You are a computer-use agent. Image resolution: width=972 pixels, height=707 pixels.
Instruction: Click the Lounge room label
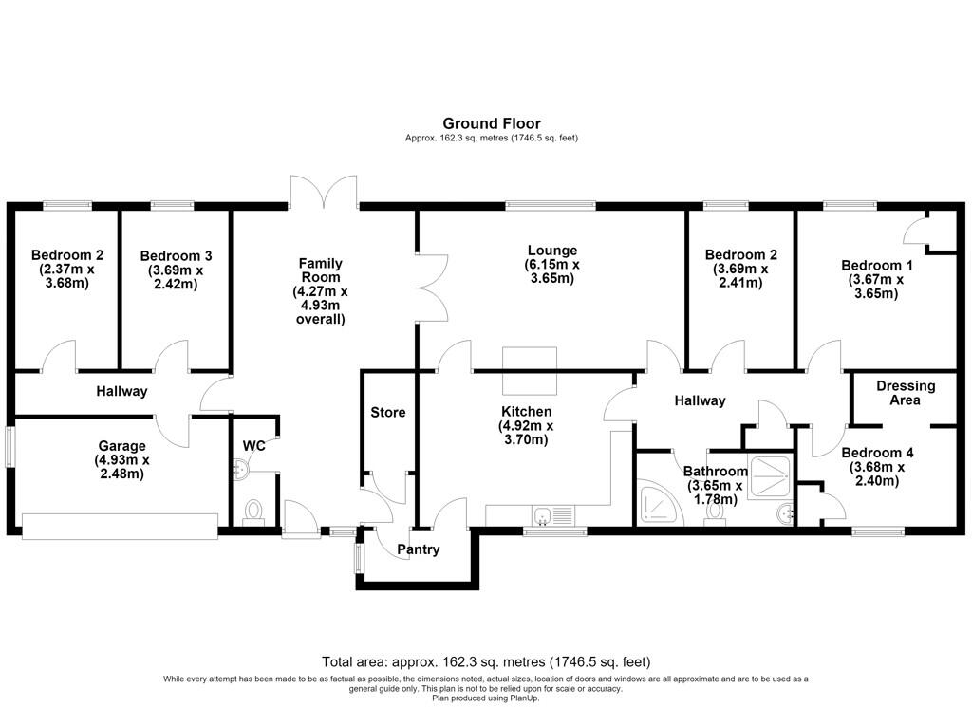[x=552, y=251]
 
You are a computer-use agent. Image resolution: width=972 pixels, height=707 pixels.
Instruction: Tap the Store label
[x=388, y=412]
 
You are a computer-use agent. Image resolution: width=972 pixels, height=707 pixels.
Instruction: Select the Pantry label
[x=419, y=549]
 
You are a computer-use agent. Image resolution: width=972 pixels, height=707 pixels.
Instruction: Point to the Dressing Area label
[x=906, y=393]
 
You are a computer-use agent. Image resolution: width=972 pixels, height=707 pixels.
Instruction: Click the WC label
[x=254, y=445]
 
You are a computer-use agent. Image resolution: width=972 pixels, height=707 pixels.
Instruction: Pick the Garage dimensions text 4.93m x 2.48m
[x=122, y=467]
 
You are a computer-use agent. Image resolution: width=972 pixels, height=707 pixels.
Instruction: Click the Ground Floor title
[x=492, y=123]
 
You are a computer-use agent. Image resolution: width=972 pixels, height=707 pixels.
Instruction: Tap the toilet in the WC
[x=252, y=513]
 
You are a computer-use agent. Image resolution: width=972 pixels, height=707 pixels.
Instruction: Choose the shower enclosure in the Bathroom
[x=771, y=477]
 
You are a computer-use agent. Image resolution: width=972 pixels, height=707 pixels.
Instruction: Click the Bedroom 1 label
[x=876, y=265]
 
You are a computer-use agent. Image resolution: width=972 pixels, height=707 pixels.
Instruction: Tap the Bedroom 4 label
[x=877, y=453]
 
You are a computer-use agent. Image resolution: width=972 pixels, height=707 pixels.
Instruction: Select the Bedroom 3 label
[x=176, y=256]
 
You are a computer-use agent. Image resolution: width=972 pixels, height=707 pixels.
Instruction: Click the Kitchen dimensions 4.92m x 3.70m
[x=526, y=433]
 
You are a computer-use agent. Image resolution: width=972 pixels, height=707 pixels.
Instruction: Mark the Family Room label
[x=321, y=270]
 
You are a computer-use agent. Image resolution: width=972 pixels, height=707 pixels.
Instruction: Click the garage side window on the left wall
[x=9, y=446]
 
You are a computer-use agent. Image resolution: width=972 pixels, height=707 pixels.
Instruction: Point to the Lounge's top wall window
[x=551, y=205]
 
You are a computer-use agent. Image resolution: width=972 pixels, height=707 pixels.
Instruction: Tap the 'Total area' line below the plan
[x=486, y=661]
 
